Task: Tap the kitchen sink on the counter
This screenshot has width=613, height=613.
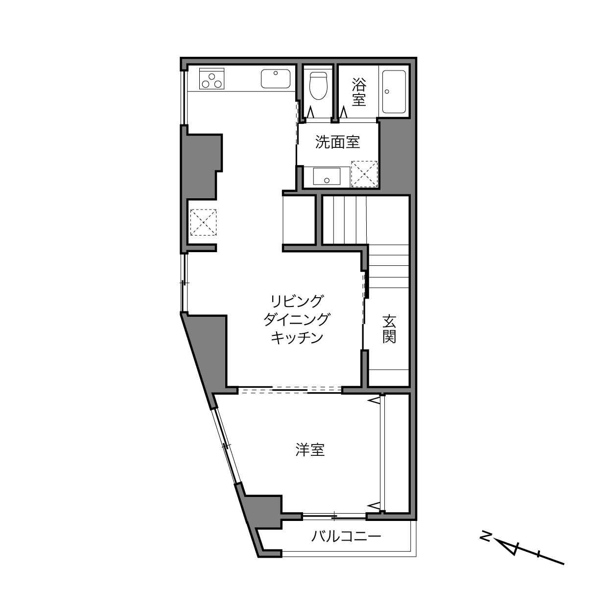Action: click(x=275, y=79)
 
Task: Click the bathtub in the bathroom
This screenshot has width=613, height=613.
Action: click(x=394, y=92)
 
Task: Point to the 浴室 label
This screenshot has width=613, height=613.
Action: click(x=358, y=92)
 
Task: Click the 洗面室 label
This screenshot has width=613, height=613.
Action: click(x=337, y=142)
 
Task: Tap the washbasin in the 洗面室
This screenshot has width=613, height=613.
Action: click(x=327, y=176)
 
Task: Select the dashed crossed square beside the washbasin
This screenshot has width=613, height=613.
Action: click(x=365, y=174)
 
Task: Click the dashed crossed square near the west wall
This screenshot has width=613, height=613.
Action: click(x=203, y=222)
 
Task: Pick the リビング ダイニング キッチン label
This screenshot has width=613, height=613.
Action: click(x=297, y=319)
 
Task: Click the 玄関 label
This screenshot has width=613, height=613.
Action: click(x=389, y=329)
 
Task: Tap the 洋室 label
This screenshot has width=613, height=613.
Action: click(x=310, y=449)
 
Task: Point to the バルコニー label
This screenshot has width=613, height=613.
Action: click(x=346, y=537)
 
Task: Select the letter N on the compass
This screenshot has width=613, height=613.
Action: click(x=486, y=537)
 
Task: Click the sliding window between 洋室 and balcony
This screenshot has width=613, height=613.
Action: click(x=334, y=516)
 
